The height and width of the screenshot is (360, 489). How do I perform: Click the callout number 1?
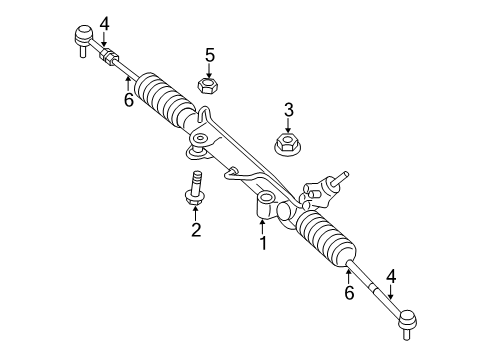[x=263, y=242]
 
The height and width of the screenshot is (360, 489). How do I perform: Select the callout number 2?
[x=196, y=231]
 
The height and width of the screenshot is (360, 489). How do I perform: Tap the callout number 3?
[x=288, y=110]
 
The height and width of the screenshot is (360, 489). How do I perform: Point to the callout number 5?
[x=210, y=55]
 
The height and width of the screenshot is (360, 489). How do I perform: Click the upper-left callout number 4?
[x=104, y=21]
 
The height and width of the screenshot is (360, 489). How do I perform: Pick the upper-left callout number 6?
[x=128, y=100]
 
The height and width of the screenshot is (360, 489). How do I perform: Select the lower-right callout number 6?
[x=349, y=292]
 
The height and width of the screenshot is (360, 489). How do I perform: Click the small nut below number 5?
[x=209, y=87]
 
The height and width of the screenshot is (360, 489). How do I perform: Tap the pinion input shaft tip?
[x=345, y=175]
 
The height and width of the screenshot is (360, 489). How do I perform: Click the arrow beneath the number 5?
[x=210, y=71]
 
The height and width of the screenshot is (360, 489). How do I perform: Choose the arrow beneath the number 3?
[x=288, y=126]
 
